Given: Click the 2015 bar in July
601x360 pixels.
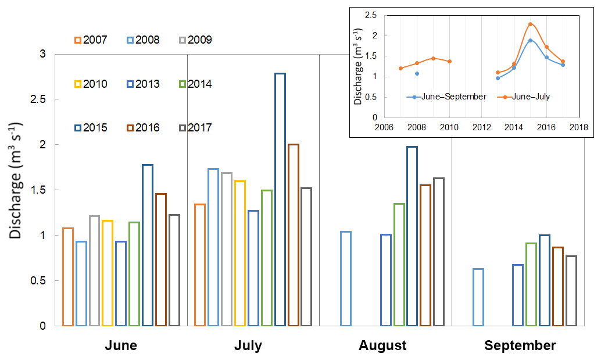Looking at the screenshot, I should [280, 199].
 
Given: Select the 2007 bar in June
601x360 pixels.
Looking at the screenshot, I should [68, 277].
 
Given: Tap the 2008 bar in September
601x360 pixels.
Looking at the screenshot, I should [478, 297].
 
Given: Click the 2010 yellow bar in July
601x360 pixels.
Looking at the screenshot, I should [240, 253].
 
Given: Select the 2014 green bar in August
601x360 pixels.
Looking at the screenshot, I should [399, 265].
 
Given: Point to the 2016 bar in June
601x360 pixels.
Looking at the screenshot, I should [161, 260].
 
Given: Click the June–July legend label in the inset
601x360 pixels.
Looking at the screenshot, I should [531, 97].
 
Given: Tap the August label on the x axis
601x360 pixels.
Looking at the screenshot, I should [382, 345].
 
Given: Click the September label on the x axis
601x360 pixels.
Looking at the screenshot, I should [520, 345].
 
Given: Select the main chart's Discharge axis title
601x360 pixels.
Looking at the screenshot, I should [16, 180].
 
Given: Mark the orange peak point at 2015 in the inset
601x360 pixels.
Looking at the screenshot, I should [530, 24].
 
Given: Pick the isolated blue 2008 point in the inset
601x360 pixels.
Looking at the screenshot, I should [417, 73].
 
